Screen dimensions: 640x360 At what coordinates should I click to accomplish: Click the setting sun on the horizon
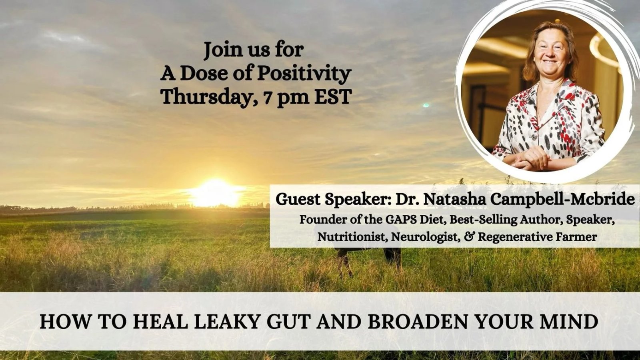click(214, 193)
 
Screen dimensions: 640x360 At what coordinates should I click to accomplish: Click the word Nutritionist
click(352, 237)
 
